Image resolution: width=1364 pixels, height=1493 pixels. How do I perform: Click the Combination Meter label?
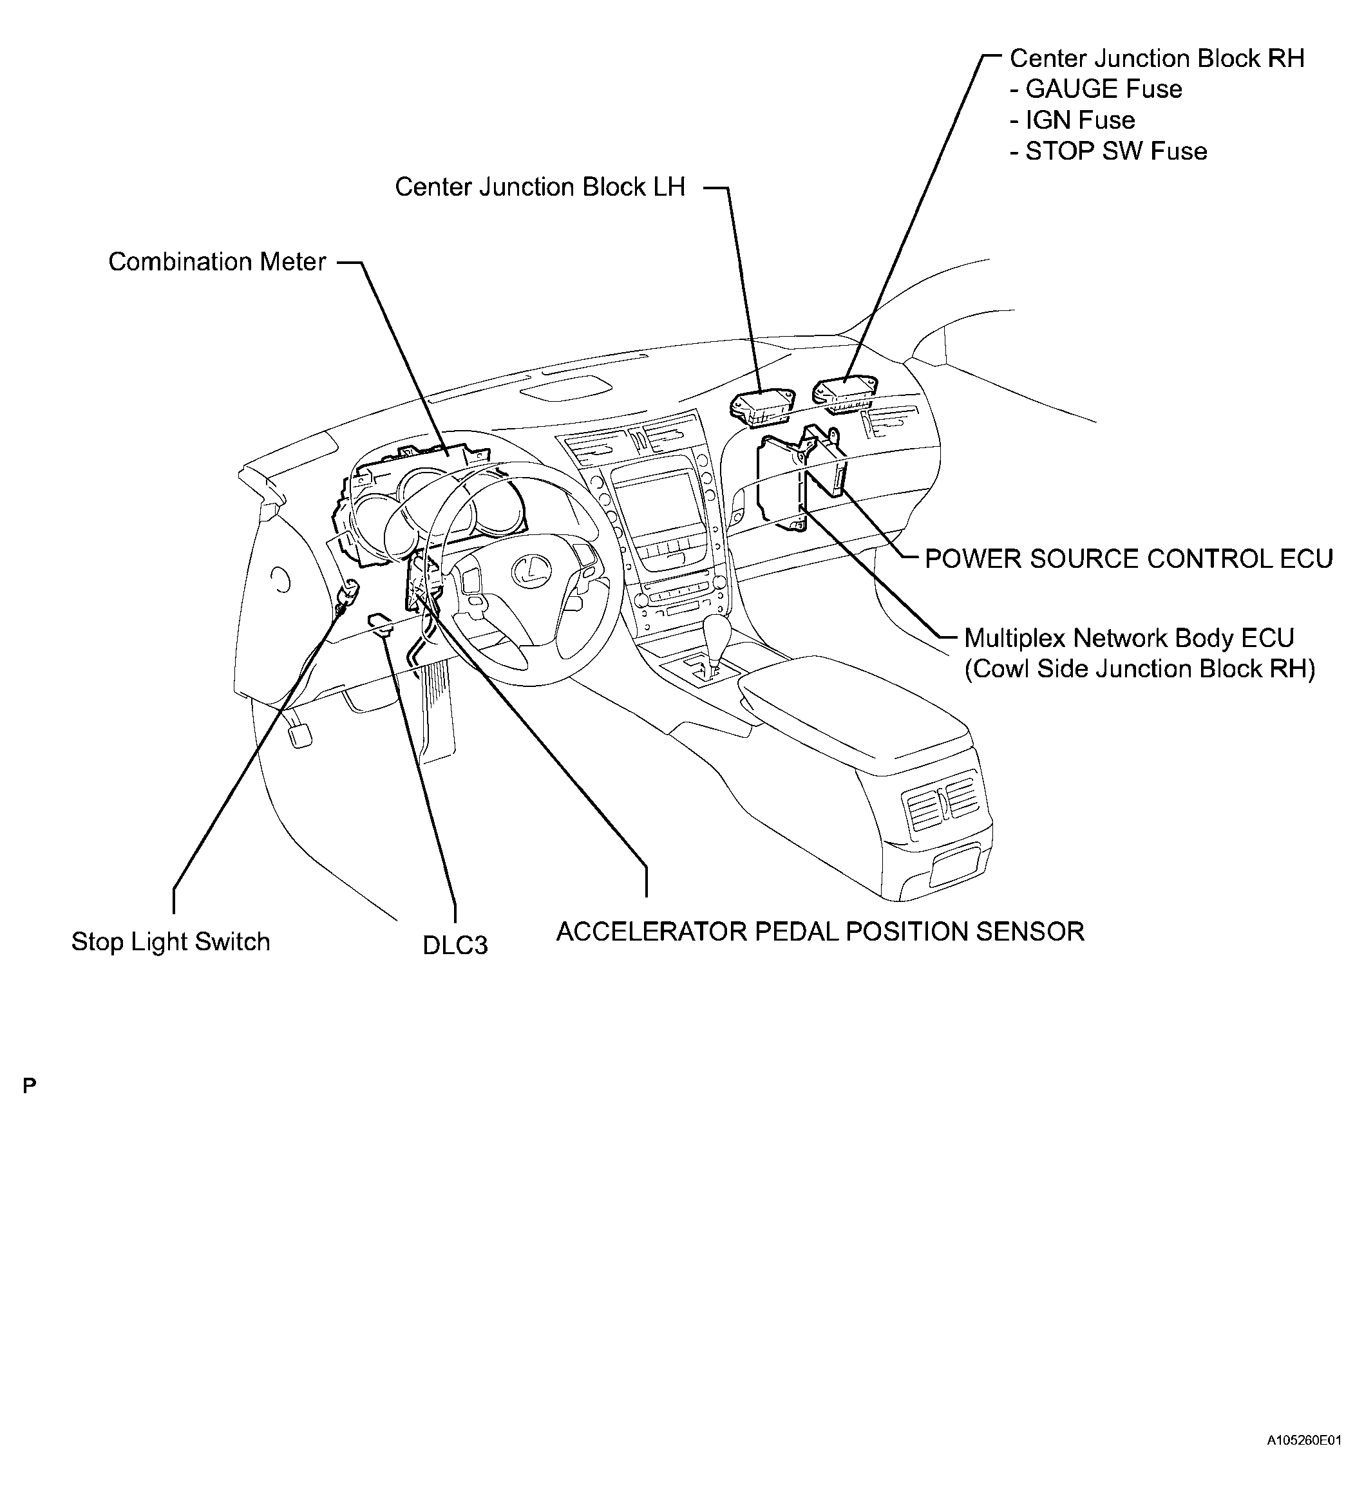click(x=216, y=261)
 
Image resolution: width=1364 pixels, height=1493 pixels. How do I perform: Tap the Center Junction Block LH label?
click(x=540, y=187)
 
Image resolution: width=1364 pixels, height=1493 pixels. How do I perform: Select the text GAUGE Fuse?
click(x=1103, y=89)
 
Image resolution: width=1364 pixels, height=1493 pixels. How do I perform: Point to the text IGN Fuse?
click(x=1079, y=120)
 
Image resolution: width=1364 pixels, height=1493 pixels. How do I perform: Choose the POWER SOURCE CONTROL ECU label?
click(x=1128, y=558)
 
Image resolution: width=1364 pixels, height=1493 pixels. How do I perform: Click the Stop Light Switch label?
click(x=171, y=941)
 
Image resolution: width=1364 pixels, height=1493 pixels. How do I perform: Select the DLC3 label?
click(x=455, y=946)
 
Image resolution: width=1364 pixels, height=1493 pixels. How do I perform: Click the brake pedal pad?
click(x=300, y=735)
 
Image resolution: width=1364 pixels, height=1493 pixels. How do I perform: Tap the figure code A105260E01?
click(x=1303, y=1461)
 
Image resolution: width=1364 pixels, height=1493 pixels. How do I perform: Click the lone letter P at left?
click(x=29, y=1086)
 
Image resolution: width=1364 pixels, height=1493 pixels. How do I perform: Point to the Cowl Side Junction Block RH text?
click(x=1139, y=669)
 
